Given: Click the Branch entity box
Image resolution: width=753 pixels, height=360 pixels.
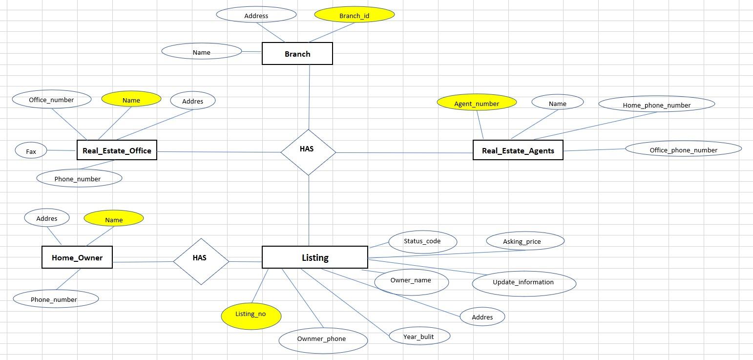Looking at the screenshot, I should pos(297,54).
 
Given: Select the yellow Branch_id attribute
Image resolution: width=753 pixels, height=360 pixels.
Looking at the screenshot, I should pos(354,15).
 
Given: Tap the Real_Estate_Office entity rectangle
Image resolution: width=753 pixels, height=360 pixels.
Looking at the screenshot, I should pos(117,150).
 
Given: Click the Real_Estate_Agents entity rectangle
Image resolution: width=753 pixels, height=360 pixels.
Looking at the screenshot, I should pos(518,150).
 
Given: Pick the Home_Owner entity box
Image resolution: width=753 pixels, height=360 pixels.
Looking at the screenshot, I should pos(77,257).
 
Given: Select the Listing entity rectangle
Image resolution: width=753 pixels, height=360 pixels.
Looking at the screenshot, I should pos(314,257).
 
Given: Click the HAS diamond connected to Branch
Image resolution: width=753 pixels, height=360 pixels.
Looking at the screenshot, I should pos(308,152).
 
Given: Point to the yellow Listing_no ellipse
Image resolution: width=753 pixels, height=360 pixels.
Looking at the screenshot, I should pos(251,315).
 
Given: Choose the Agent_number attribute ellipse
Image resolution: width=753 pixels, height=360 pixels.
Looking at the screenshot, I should pos(477,103).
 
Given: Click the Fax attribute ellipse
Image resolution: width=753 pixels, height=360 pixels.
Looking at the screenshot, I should pos(31,151).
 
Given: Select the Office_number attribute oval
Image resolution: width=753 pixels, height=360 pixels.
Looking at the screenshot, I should pos(51,100).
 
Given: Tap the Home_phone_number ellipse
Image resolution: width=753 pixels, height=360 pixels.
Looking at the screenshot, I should pos(656,105).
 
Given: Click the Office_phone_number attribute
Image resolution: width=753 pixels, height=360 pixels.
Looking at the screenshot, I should pos(683,149).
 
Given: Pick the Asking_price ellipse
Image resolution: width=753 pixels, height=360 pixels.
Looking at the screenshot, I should pos(525,241).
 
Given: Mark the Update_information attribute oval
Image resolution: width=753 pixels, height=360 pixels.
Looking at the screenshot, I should pos(523,283).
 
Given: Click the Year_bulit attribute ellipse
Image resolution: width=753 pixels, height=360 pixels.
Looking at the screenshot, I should pos(418,336).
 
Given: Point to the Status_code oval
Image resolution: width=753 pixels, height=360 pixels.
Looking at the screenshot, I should pos(422,241).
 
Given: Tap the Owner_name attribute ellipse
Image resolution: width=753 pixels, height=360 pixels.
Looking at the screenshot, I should pos(411,281).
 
